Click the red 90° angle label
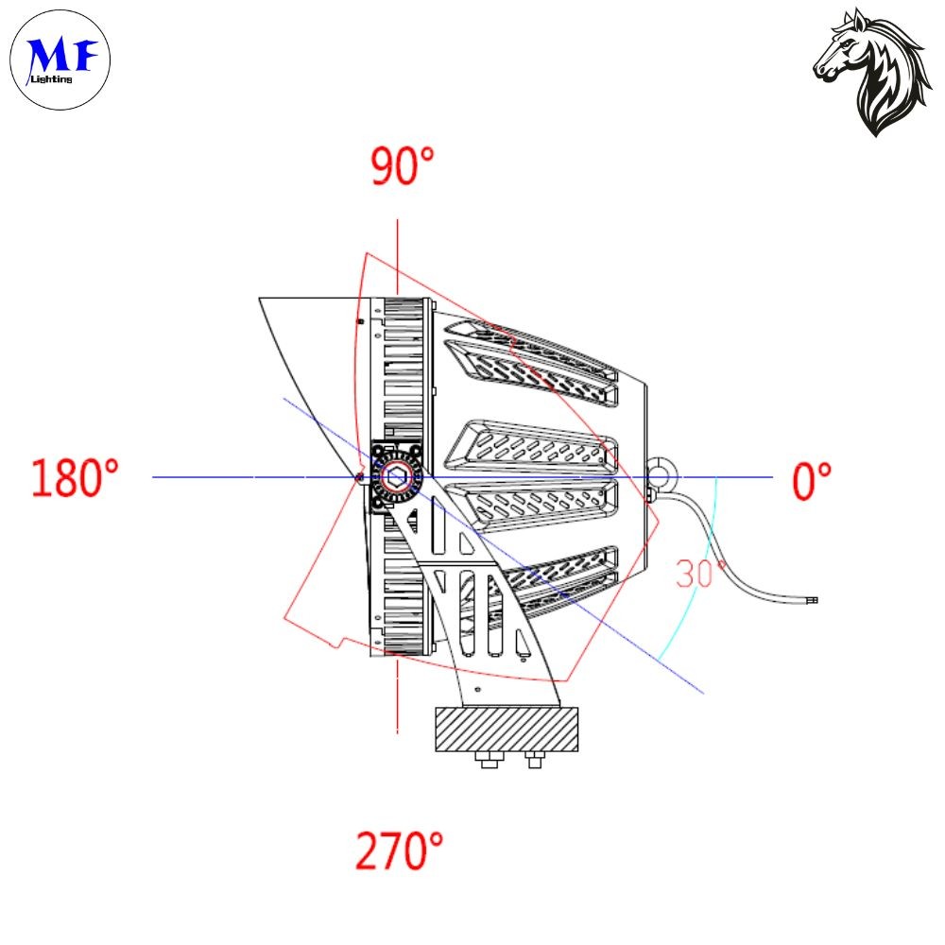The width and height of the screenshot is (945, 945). point(402,165)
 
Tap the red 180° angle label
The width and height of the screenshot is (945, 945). point(75,478)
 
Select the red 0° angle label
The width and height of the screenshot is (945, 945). point(811,480)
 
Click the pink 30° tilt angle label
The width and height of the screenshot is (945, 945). point(699,574)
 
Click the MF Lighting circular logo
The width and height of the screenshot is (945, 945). point(60,60)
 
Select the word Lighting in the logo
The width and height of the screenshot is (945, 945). point(52,79)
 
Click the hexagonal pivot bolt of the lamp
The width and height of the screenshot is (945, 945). point(396,477)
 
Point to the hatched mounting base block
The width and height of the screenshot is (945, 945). point(507,730)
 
